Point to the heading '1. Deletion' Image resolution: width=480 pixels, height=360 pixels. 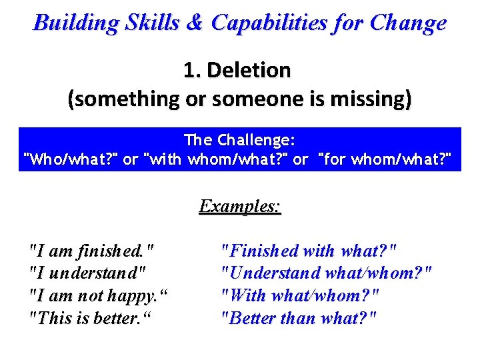[237, 69]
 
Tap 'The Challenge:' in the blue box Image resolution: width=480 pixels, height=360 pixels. [239, 140]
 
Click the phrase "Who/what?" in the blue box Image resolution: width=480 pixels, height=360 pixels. [71, 160]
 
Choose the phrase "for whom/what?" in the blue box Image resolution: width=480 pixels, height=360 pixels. [385, 160]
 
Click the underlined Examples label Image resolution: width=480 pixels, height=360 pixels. [240, 206]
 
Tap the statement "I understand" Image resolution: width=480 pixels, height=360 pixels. [87, 273]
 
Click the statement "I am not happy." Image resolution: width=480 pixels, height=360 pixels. [96, 295]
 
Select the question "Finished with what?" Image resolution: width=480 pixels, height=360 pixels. [309, 251]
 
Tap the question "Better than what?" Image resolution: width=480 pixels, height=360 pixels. [299, 317]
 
